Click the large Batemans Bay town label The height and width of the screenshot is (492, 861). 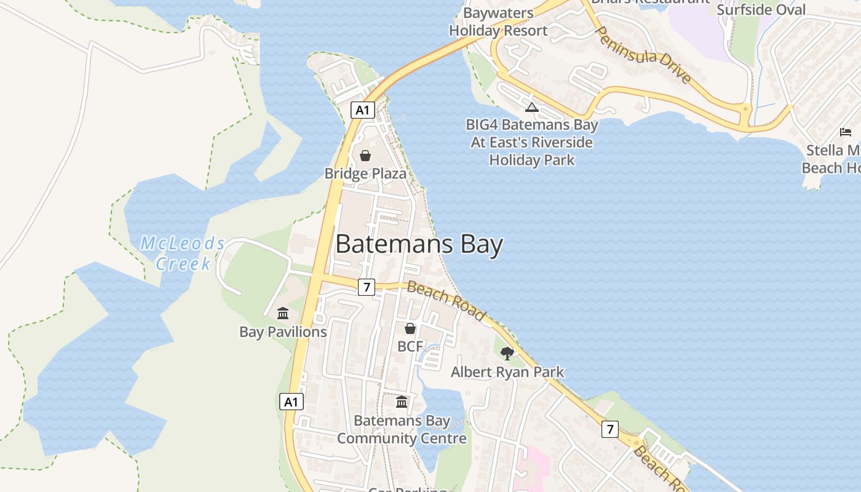[419, 244]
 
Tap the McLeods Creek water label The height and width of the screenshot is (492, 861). [183, 253]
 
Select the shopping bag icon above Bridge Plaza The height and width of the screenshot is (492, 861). [365, 156]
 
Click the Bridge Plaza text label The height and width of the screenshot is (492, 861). [365, 173]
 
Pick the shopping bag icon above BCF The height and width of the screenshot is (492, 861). [410, 329]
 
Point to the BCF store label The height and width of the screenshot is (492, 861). [410, 346]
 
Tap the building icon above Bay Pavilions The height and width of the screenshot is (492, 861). [283, 314]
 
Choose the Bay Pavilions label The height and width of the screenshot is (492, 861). [283, 332]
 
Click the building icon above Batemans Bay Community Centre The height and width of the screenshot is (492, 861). [402, 402]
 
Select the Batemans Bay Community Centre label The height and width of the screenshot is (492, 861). [402, 430]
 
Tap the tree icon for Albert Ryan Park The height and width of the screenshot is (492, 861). [507, 353]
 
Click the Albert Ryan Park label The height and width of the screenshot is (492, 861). [507, 371]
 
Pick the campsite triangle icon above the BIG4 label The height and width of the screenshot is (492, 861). [532, 108]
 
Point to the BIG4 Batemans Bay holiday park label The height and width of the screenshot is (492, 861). [532, 142]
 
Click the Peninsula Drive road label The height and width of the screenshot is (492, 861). [644, 55]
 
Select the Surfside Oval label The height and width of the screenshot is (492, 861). [761, 10]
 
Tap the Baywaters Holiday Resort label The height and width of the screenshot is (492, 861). [498, 22]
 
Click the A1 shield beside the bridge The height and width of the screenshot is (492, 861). [362, 110]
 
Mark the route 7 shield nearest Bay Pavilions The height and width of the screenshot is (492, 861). [367, 287]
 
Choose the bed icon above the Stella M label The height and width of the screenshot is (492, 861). [846, 132]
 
